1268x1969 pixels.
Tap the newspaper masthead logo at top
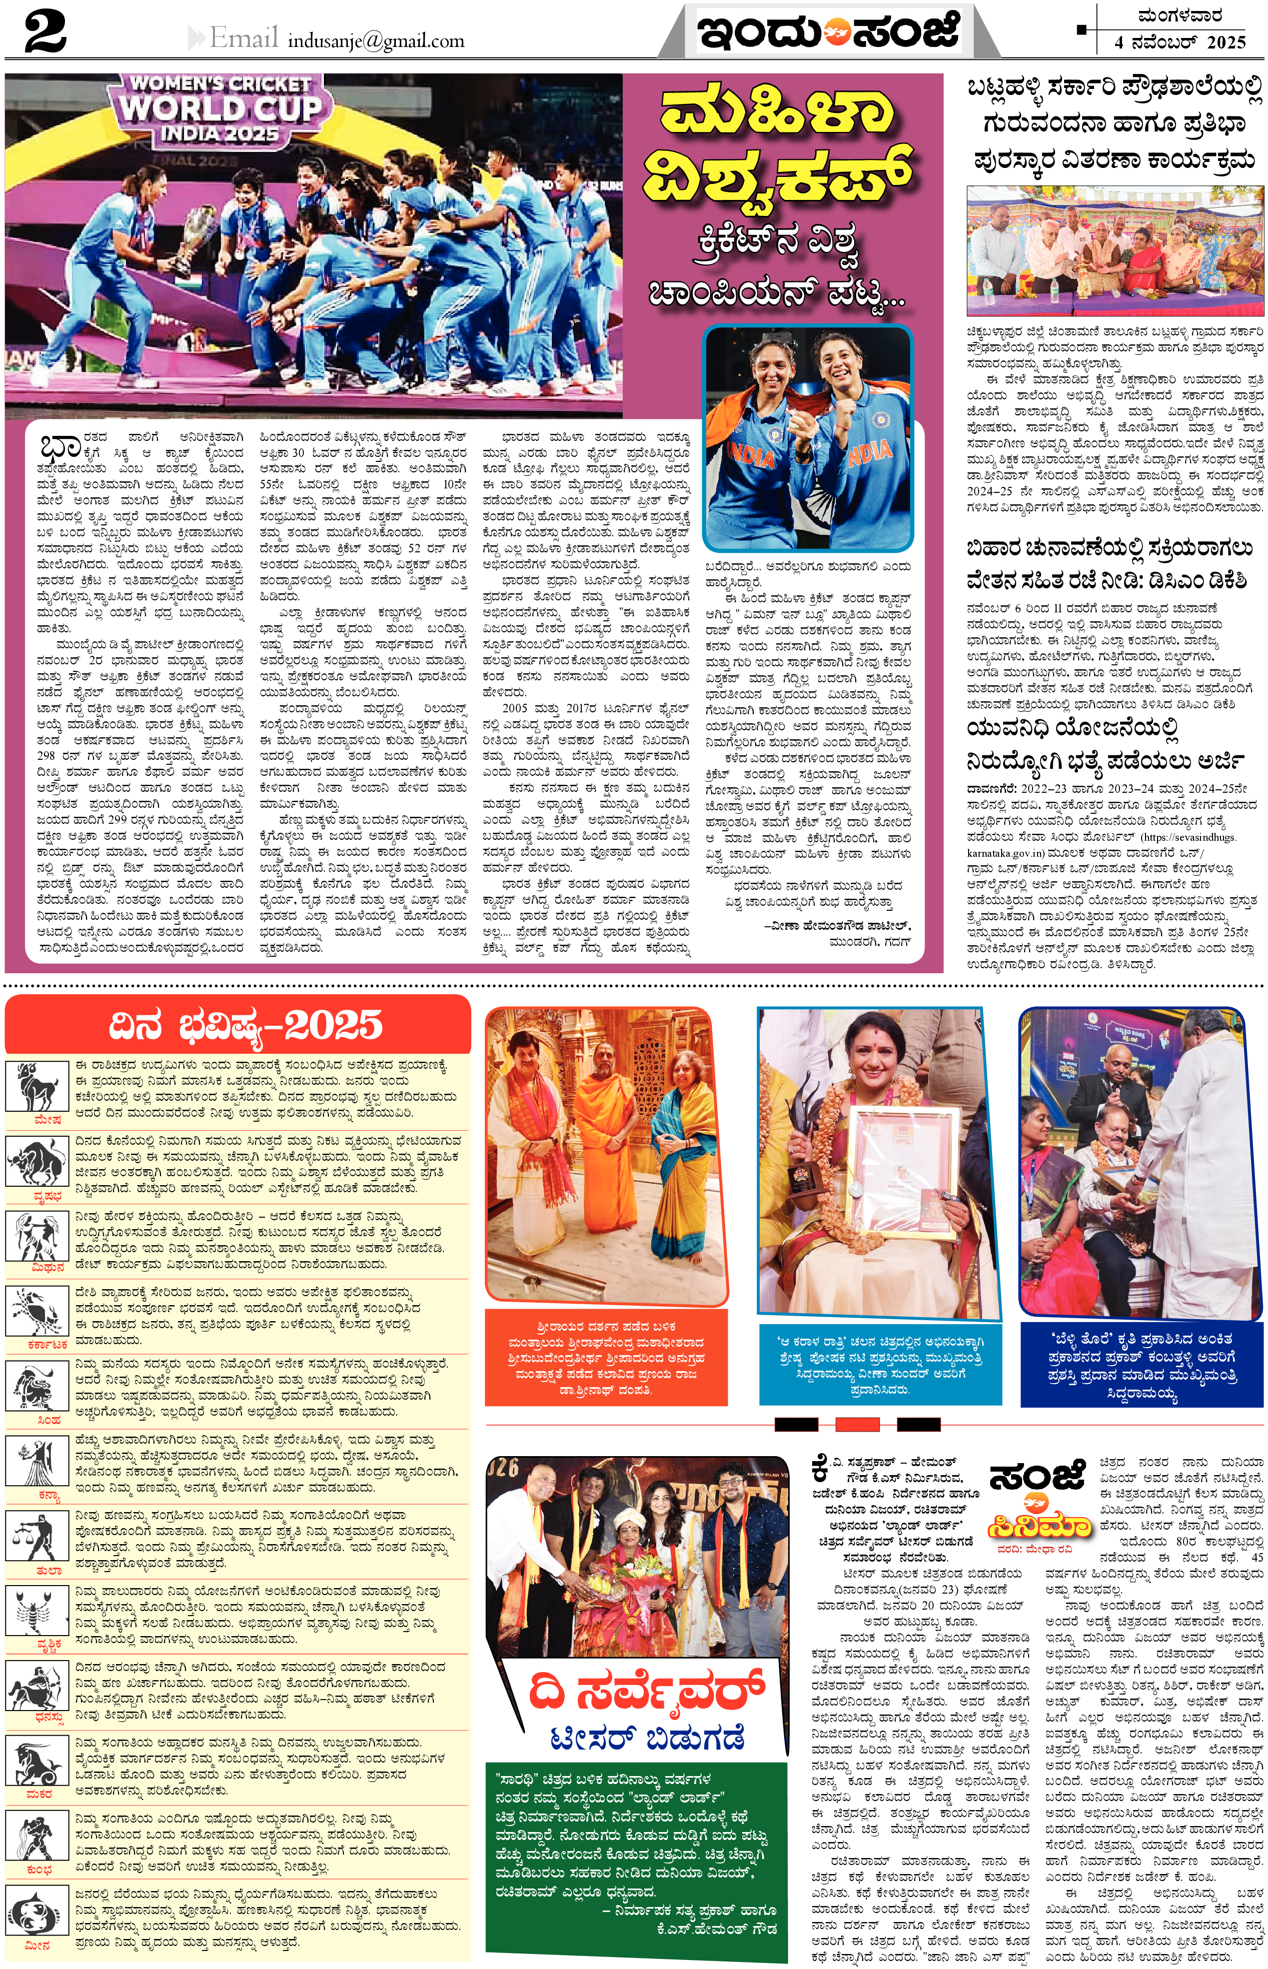pos(828,31)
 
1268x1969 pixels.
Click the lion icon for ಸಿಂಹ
pos(36,1389)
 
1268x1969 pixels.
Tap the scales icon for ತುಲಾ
pos(36,1538)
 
